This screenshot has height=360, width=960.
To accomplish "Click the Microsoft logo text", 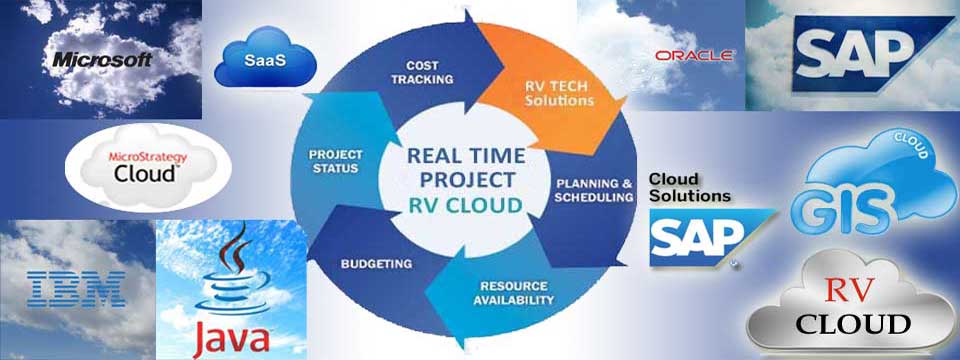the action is (102, 59).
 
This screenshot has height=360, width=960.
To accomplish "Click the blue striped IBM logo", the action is (77, 290).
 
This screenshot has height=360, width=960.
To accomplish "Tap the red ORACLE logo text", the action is (694, 56).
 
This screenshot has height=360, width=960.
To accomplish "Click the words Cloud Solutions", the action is (690, 187).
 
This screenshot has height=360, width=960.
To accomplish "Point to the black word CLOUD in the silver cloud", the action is (852, 324).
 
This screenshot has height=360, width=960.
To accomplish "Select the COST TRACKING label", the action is (422, 72).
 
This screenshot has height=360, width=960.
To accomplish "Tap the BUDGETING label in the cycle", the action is (377, 264).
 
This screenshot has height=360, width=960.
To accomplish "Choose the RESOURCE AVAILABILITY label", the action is (513, 293).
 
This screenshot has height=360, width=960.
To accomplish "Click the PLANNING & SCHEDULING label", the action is (594, 190).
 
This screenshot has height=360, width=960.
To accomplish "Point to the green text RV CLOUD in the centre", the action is (465, 204).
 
